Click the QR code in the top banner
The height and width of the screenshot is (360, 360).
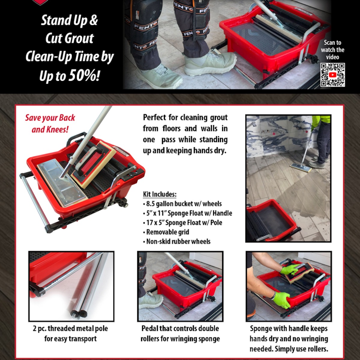pos(332,75)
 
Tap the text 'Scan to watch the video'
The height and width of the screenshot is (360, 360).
pos(332,50)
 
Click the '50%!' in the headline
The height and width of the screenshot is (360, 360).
pos(84,75)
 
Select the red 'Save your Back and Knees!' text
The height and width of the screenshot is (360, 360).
pos(50,123)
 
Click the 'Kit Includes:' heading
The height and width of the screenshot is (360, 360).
pos(160,194)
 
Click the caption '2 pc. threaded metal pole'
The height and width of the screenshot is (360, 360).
pos(70,328)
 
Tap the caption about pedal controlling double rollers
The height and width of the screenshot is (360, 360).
pos(180,334)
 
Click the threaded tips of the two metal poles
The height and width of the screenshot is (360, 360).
pos(77,313)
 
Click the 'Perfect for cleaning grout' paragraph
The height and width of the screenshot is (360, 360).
pos(185,134)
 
